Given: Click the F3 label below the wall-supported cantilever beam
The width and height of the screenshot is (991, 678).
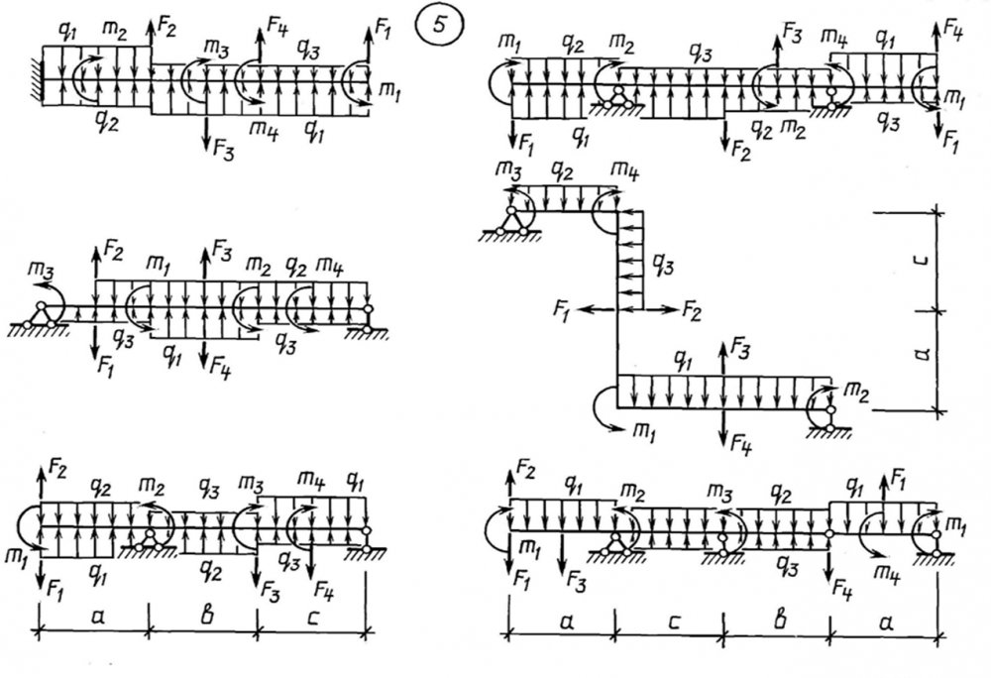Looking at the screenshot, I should pos(224,149).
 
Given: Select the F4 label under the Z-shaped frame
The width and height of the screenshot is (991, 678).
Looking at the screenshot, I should pos(740,447).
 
